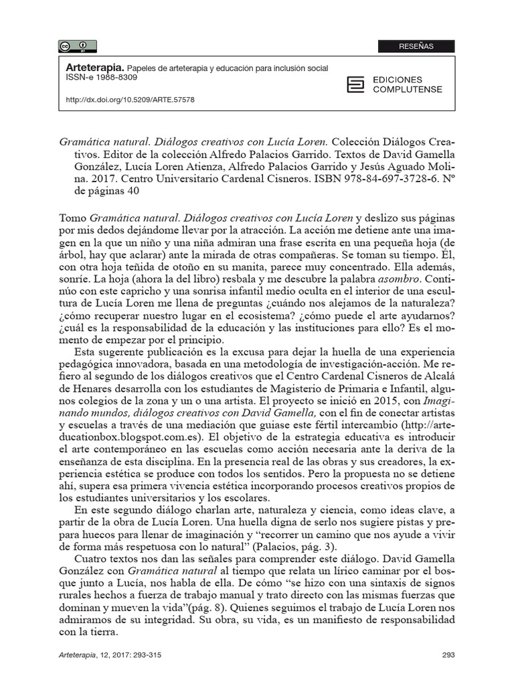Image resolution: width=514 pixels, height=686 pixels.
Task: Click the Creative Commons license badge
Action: click(77, 46)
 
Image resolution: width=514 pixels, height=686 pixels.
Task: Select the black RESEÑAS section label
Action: click(416, 46)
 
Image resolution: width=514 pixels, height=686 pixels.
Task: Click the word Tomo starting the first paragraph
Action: click(73, 218)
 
